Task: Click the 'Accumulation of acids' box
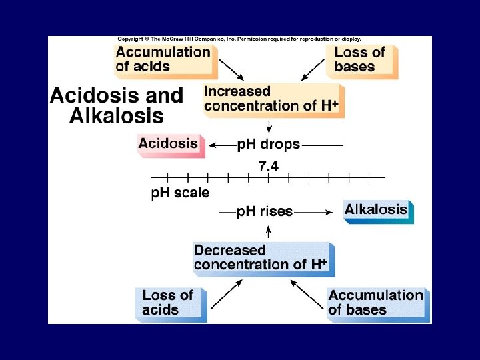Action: [x=164, y=59]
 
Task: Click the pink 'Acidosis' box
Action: [x=169, y=143]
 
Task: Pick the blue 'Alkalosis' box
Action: [x=377, y=210]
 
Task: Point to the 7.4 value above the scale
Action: [x=268, y=166]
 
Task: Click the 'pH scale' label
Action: [x=180, y=193]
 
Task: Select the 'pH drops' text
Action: [x=269, y=144]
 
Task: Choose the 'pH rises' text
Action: [x=265, y=211]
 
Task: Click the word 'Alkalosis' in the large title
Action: [x=117, y=115]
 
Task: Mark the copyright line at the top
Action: [x=239, y=39]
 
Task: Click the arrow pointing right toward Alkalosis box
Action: [x=313, y=211]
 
